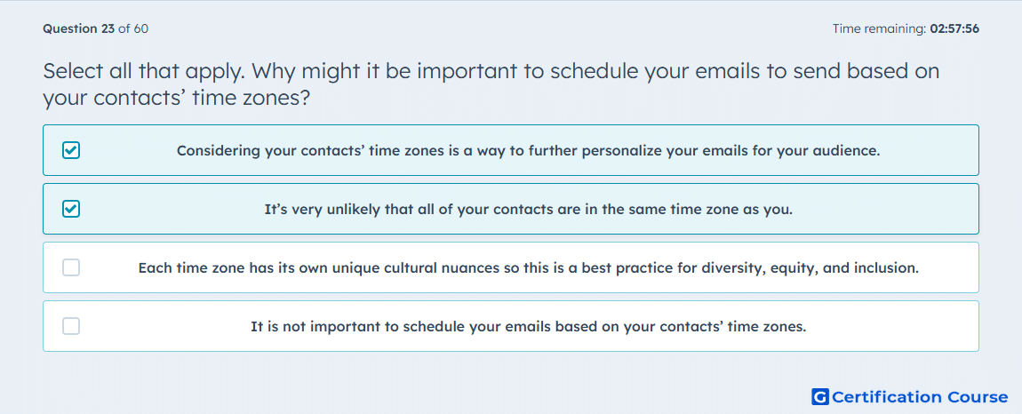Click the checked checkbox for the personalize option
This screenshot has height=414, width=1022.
pyautogui.click(x=71, y=151)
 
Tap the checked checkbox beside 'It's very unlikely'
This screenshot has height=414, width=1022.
pyautogui.click(x=71, y=210)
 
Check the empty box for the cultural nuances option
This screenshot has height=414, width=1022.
pyautogui.click(x=71, y=267)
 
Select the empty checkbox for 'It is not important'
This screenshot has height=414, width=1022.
pyautogui.click(x=71, y=326)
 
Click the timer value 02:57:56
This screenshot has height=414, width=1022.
pyautogui.click(x=954, y=28)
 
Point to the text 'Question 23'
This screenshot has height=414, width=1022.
pyautogui.click(x=79, y=28)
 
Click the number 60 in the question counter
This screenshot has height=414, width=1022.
pyautogui.click(x=140, y=28)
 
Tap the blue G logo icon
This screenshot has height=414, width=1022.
pyautogui.click(x=820, y=396)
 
